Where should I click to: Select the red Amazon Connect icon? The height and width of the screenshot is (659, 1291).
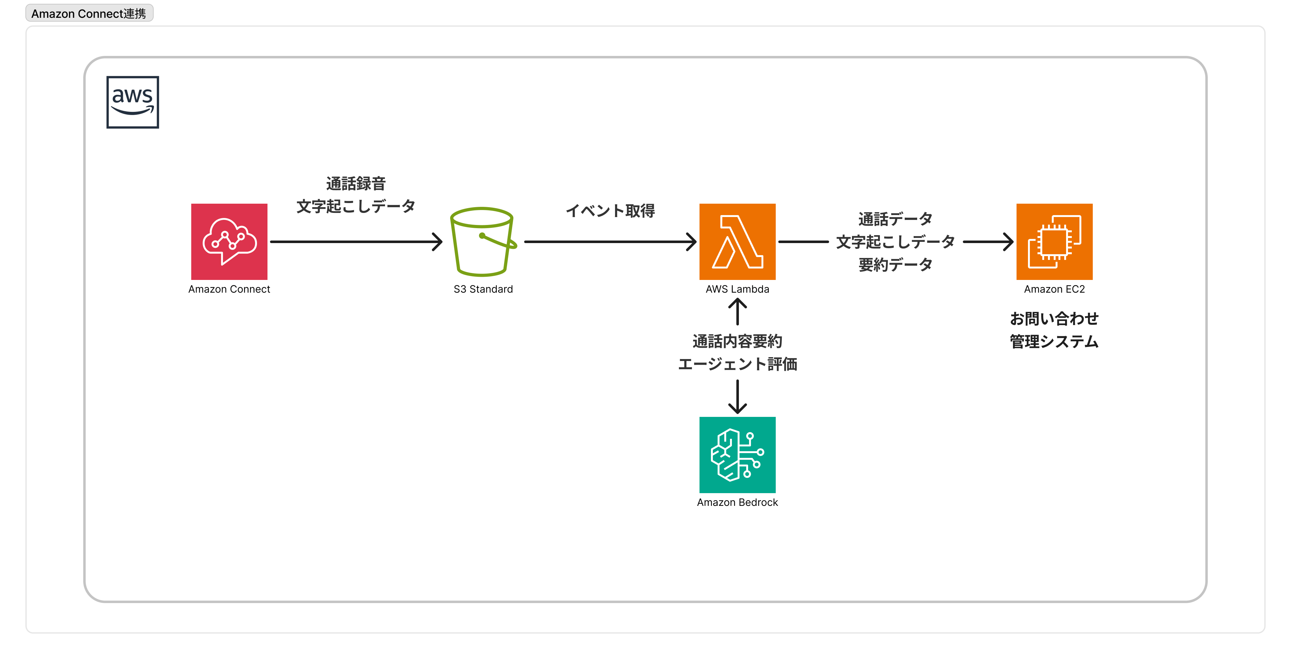[229, 241]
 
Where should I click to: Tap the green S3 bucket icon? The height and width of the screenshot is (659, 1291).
[483, 241]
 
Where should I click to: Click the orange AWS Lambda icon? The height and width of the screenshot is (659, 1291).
[737, 241]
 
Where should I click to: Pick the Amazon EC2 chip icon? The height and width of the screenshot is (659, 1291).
[1054, 241]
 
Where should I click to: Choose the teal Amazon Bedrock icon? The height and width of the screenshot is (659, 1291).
[737, 455]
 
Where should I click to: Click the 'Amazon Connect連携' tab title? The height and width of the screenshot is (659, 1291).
[89, 14]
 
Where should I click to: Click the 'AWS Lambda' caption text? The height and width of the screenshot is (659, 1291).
[737, 289]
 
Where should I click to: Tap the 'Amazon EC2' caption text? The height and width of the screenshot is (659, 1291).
[1054, 289]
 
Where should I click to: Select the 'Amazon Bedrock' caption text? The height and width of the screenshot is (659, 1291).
[737, 502]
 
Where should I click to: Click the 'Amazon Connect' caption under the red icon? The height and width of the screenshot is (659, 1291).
[229, 289]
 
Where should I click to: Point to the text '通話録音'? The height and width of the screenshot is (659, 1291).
[356, 183]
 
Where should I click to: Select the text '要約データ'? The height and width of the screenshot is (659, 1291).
[895, 265]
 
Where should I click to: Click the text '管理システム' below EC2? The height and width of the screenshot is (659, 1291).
[1054, 342]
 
